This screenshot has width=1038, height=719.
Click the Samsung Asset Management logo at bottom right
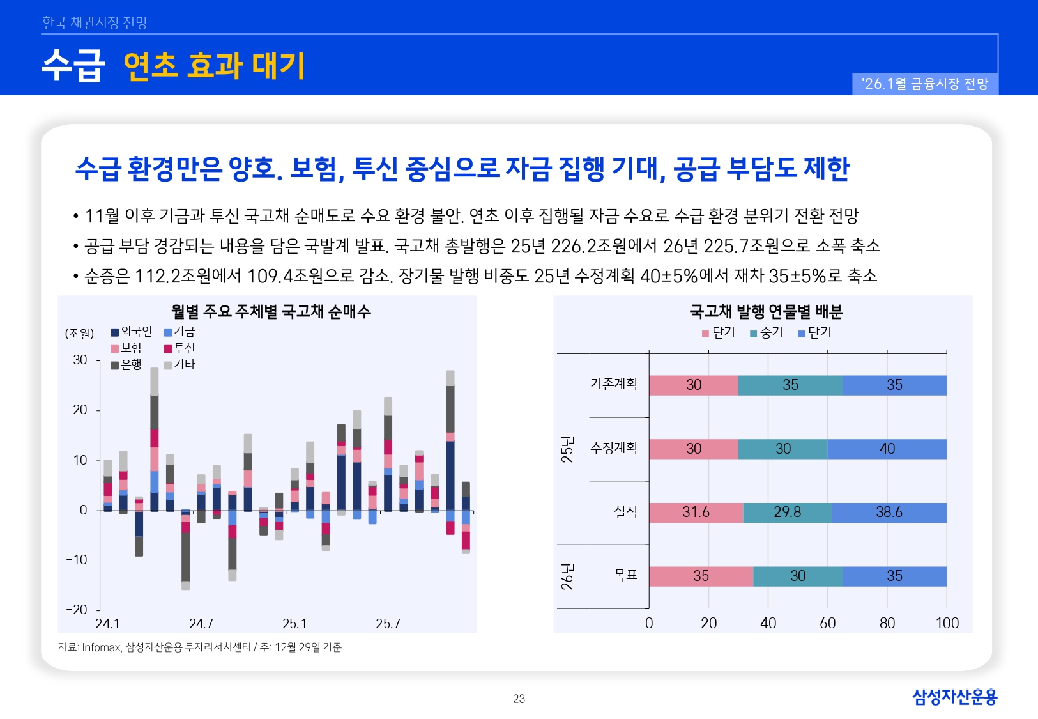[x=954, y=697]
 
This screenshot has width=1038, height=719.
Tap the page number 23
[x=519, y=699]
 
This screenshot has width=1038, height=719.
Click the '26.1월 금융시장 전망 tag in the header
[x=924, y=84]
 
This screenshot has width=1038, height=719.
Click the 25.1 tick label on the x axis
[x=294, y=623]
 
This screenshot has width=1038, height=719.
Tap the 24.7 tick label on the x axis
[x=201, y=623]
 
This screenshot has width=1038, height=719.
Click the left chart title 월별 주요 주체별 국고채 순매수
[x=271, y=311]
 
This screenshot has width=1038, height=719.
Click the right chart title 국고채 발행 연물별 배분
[x=765, y=311]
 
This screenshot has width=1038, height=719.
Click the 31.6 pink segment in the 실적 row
[x=696, y=512]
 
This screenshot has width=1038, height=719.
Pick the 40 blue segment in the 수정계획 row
[x=887, y=449]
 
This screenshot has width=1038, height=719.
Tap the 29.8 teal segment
[x=787, y=512]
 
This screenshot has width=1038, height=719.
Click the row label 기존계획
[x=613, y=384]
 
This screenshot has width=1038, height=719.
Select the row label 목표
[x=625, y=575]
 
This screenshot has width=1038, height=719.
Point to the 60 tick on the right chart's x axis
[x=827, y=623]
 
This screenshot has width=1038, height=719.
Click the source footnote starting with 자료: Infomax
[x=199, y=647]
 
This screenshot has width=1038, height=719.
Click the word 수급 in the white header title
[x=73, y=66]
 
